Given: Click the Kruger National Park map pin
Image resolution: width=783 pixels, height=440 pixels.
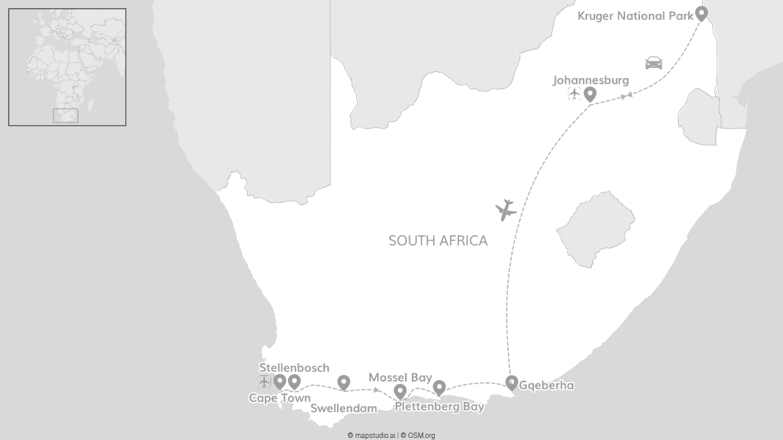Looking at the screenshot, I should (701, 13).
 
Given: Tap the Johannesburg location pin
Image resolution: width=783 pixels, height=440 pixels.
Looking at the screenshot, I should (590, 94).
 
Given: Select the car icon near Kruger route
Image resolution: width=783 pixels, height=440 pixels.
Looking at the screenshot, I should (654, 63).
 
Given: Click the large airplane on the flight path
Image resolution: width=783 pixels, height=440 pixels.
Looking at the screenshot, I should (506, 210).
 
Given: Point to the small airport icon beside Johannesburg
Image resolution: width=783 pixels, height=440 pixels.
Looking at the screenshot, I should (574, 94).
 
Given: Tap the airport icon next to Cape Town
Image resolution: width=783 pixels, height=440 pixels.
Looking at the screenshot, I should (265, 382).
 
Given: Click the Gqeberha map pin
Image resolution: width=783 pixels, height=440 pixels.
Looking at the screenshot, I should (511, 382).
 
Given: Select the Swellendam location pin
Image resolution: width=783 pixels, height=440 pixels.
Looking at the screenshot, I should (344, 382).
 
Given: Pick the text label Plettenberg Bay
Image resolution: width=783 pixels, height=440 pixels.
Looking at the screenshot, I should (439, 407).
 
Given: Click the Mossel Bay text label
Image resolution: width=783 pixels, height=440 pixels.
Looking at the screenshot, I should (400, 377).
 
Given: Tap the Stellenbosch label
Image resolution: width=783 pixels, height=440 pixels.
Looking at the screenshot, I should (294, 368).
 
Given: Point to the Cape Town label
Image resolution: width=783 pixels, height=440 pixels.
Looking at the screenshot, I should (279, 399).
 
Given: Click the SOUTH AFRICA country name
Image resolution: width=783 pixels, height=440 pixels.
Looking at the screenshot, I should (438, 241).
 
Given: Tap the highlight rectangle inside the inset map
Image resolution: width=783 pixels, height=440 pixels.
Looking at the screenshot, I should (65, 116).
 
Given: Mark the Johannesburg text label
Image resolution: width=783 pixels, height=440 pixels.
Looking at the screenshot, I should (590, 80).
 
